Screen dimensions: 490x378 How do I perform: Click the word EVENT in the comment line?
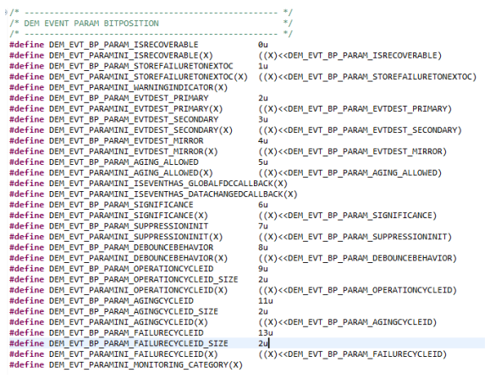pos(56,24)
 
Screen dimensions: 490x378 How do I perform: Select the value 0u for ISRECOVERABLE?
pos(263,45)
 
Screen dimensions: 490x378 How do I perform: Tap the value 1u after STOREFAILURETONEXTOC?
pos(263,66)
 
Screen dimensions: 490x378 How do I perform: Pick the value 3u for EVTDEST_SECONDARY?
pos(263,119)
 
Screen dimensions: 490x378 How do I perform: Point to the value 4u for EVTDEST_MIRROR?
pos(263,140)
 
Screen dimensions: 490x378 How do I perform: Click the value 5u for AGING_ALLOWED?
pos(263,162)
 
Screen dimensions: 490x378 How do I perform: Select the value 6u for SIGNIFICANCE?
pos(263,205)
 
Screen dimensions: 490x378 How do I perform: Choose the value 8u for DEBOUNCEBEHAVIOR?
pos(263,248)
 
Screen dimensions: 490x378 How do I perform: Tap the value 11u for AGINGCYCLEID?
pos(266,301)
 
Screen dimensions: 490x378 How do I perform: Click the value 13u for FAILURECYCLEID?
pos(266,332)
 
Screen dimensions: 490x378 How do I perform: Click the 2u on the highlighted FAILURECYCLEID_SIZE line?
pos(263,343)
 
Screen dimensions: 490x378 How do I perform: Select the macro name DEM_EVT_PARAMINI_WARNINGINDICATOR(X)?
pos(138,87)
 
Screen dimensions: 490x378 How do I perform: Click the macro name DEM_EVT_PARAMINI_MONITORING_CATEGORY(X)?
pos(146,364)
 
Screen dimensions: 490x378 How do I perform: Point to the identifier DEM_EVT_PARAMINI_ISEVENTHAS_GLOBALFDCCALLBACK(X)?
pos(168,184)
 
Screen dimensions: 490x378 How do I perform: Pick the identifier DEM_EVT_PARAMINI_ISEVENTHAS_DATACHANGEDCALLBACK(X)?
pos(173,194)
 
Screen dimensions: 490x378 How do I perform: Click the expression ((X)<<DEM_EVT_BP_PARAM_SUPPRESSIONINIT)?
pos(355,237)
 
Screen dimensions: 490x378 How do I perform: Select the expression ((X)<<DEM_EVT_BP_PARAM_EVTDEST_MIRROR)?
pos(353,151)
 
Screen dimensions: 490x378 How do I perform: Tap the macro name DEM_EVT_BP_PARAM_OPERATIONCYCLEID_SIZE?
pos(143,279)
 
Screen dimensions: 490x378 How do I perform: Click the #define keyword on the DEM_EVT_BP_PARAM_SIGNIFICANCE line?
pos(26,205)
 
